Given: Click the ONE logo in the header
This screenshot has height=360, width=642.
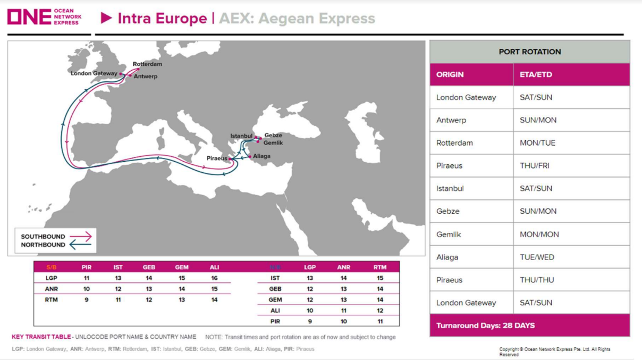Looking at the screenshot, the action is (45, 16).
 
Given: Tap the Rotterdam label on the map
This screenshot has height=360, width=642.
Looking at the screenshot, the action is (147, 64).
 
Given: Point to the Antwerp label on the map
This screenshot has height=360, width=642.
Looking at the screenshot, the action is (146, 76).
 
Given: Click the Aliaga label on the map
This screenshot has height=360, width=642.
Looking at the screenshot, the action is (261, 156).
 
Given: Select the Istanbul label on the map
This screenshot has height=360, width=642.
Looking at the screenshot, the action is (241, 136).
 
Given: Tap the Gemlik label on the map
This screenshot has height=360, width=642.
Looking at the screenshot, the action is (273, 143).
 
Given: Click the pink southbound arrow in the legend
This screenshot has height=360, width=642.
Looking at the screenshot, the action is (81, 237).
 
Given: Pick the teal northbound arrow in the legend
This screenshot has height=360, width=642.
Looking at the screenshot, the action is (81, 245).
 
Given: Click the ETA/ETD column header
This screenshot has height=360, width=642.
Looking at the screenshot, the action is (536, 74).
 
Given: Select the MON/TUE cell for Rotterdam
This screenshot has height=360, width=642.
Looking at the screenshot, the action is (538, 143).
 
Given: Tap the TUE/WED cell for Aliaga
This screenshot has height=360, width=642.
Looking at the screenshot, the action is (537, 257).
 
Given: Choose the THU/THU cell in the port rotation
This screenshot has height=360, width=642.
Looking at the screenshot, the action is (537, 280).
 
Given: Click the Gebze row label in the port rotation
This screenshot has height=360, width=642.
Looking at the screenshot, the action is (448, 212).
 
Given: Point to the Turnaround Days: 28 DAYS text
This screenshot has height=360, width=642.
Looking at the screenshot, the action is (486, 325).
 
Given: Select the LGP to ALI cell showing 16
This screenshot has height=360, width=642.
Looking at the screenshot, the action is (214, 278).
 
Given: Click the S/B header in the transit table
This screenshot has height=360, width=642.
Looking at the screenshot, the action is (52, 267).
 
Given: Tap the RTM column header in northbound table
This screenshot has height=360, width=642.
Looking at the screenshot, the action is (380, 267).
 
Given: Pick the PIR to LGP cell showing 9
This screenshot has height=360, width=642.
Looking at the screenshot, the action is (310, 322).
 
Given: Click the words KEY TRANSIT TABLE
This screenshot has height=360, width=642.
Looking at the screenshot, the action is (41, 337).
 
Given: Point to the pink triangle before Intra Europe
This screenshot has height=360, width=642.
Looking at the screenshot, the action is (106, 18).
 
